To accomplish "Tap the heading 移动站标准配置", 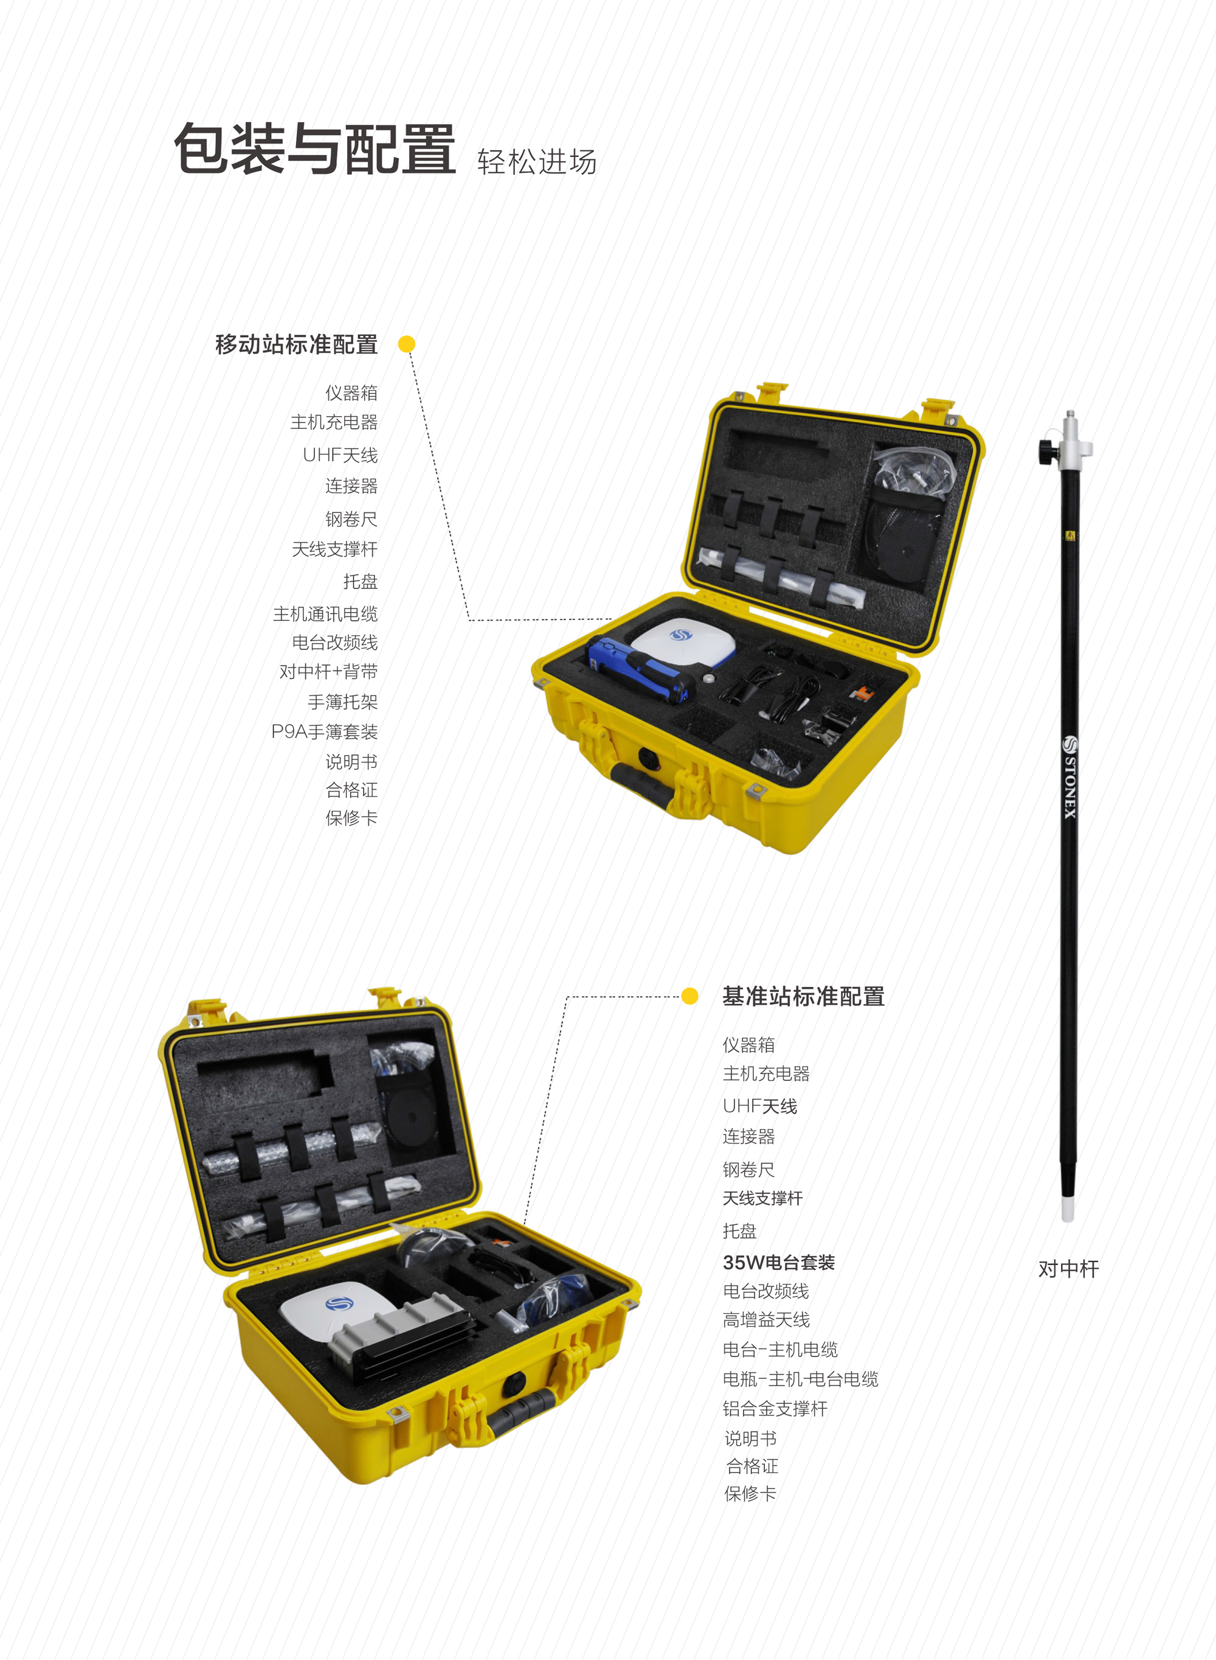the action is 297,344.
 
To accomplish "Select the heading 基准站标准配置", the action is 803,997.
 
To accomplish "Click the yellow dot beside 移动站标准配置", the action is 406,344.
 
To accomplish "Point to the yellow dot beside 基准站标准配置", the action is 689,996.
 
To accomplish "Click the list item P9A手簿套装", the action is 325,731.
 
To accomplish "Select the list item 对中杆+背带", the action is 328,672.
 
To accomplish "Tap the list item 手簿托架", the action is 343,702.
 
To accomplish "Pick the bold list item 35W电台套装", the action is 779,1262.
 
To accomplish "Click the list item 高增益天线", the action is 766,1320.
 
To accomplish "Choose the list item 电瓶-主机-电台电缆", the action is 801,1379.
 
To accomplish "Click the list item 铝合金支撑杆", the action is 775,1409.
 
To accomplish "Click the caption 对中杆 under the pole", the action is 1068,1269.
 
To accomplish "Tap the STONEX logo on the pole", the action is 1069,776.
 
